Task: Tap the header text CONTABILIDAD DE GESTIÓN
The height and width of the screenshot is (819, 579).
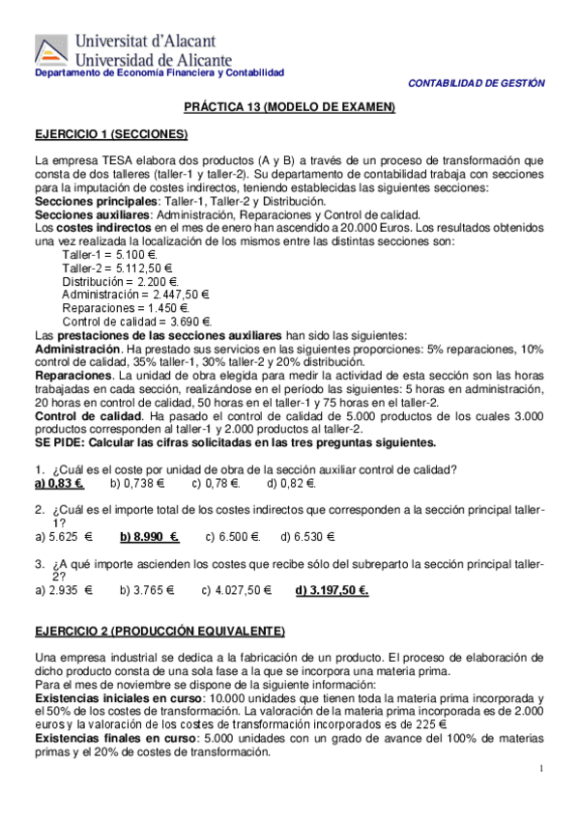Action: (x=477, y=84)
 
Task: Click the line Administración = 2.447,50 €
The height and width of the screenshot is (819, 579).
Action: (x=136, y=295)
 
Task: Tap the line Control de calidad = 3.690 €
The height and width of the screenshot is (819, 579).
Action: (x=136, y=322)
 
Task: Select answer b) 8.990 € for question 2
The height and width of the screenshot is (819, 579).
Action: (x=150, y=536)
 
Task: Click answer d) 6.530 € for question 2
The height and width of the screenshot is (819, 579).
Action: (x=307, y=536)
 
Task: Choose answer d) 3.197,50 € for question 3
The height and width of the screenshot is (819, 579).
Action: (x=332, y=590)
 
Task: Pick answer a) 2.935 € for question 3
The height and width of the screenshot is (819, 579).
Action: (x=63, y=590)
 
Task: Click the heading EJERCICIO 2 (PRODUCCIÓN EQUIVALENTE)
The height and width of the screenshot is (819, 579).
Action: (x=159, y=632)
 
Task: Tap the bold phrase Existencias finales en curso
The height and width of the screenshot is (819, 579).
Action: (x=118, y=738)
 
